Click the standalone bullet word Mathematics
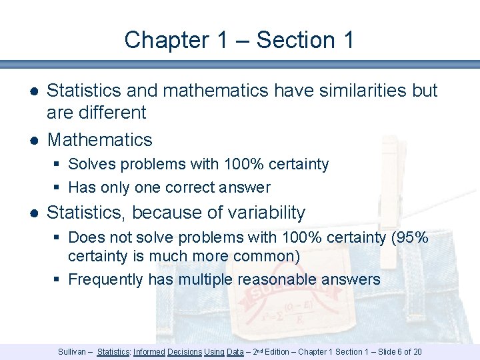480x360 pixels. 100,140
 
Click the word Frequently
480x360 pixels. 106,279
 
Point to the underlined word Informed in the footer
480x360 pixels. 149,351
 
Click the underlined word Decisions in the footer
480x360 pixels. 185,351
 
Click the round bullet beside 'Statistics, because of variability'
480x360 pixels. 33,213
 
